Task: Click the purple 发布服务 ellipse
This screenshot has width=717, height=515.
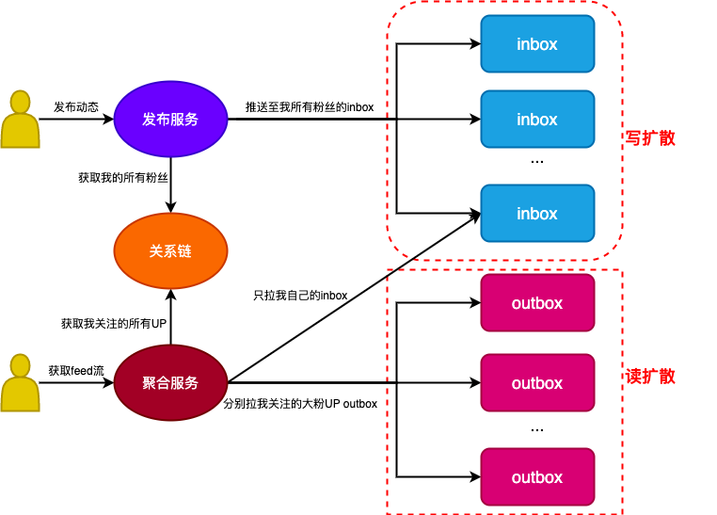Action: pos(170,120)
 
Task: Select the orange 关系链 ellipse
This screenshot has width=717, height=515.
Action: pos(170,251)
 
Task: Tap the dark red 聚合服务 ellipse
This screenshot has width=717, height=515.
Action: pos(170,383)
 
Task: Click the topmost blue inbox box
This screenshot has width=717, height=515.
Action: pos(537,44)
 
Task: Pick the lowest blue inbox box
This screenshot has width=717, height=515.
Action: pos(537,214)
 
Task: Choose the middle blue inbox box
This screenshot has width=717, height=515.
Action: pos(537,120)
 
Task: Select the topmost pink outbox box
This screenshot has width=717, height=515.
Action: pos(537,303)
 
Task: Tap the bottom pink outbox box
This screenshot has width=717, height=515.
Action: pos(537,477)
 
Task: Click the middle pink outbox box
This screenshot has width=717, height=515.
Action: pos(537,383)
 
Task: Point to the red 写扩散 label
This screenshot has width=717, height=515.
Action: pos(651,138)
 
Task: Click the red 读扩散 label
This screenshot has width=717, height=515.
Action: pos(651,377)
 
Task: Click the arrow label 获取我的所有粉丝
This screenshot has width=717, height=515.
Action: pos(123,177)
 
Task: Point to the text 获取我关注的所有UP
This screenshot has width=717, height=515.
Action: pos(114,324)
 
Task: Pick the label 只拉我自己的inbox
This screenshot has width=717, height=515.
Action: pos(300,296)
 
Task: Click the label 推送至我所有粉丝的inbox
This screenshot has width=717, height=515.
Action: pos(310,107)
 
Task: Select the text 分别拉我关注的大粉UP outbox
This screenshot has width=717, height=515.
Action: pos(300,404)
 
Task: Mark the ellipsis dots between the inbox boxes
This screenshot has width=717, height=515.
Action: pos(537,162)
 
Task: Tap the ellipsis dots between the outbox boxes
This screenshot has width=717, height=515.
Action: pos(537,428)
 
